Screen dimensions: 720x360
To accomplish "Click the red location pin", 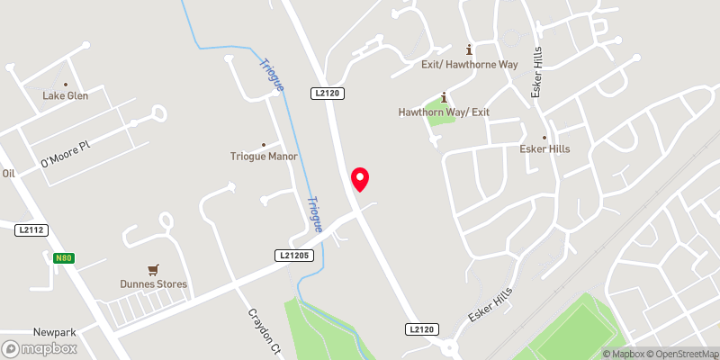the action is click(x=360, y=178).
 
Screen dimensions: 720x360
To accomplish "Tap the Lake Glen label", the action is click(x=66, y=95).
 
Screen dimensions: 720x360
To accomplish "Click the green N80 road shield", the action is click(x=62, y=258).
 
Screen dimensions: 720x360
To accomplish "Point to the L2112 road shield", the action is click(x=31, y=231).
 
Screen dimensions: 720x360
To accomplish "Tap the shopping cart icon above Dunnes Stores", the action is click(x=154, y=269).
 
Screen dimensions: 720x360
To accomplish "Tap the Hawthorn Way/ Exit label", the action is click(x=444, y=112).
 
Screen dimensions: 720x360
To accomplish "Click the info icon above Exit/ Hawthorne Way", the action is click(x=468, y=49).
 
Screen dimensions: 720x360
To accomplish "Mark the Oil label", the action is click(x=9, y=173).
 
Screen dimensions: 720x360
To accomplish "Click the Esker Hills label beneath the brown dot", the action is click(x=544, y=148).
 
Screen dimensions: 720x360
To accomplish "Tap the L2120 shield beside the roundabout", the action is click(x=421, y=330).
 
